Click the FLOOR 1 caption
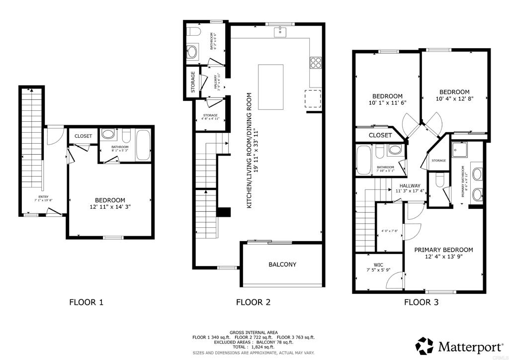86,301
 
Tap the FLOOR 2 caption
254,301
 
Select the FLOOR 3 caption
421,301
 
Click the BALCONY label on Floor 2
282,265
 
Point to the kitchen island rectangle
270,87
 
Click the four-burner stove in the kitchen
315,62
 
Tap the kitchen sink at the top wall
279,32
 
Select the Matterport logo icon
424,345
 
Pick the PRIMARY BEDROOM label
443,250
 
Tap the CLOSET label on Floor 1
83,136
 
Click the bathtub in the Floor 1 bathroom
143,145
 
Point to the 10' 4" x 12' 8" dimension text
454,99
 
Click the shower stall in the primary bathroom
460,149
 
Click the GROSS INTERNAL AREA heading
254,332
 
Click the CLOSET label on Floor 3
381,135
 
